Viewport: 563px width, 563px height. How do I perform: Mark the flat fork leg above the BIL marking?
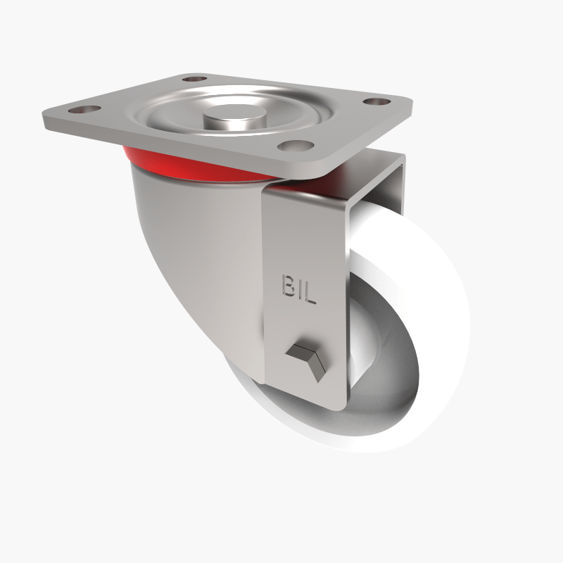303,232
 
